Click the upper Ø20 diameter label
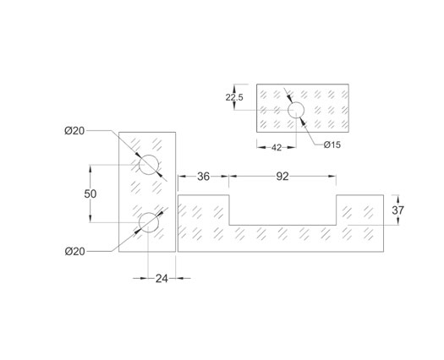tap(74, 131)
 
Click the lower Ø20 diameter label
tap(74, 251)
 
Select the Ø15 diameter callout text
tap(332, 145)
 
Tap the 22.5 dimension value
tap(234, 97)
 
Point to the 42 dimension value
tap(277, 147)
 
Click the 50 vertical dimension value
tap(90, 194)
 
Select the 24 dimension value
tap(162, 279)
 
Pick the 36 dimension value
tap(203, 177)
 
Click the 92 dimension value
tap(282, 177)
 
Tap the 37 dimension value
tap(397, 210)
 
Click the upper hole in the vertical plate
tap(149, 165)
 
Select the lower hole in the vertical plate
tap(149, 222)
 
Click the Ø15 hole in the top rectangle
tap(296, 110)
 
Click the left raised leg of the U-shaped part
tap(203, 210)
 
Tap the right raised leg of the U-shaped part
tap(360, 210)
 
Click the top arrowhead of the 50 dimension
tap(90, 168)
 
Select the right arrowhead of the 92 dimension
tap(332, 177)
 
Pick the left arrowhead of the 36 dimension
tap(182, 177)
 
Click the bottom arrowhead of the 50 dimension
tap(90, 219)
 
